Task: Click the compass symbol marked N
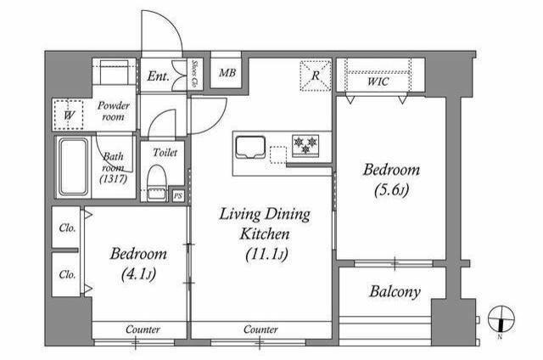[x=501, y=319]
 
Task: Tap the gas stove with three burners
[x=305, y=145]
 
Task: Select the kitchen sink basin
[x=250, y=147]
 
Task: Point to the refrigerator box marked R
[x=316, y=76]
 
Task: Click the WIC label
[x=378, y=82]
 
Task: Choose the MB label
[x=227, y=73]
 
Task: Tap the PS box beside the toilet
[x=178, y=196]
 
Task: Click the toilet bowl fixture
[x=156, y=183]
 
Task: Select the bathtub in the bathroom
[x=73, y=167]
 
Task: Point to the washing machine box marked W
[x=69, y=115]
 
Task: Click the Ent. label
[x=159, y=76]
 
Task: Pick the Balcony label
[x=395, y=292]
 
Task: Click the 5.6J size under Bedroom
[x=391, y=189]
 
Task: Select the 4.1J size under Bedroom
[x=138, y=274]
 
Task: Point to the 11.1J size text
[x=266, y=255]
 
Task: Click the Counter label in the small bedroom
[x=143, y=329]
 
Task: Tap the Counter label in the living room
[x=260, y=329]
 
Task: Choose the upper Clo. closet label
[x=67, y=228]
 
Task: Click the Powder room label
[x=113, y=111]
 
